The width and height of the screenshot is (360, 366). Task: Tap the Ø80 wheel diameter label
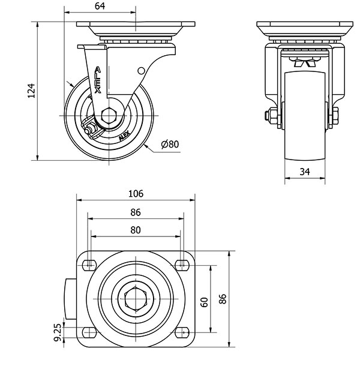[x=170, y=144]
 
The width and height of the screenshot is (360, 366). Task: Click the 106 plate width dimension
[x=136, y=193]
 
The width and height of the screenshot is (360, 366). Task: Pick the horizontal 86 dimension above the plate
[x=136, y=212]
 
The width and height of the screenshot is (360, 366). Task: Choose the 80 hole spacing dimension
[x=136, y=229]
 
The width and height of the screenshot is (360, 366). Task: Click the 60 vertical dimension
[x=204, y=302]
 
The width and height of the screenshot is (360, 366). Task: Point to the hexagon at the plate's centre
[x=136, y=298]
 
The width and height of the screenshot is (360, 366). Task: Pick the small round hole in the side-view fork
[x=142, y=71]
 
